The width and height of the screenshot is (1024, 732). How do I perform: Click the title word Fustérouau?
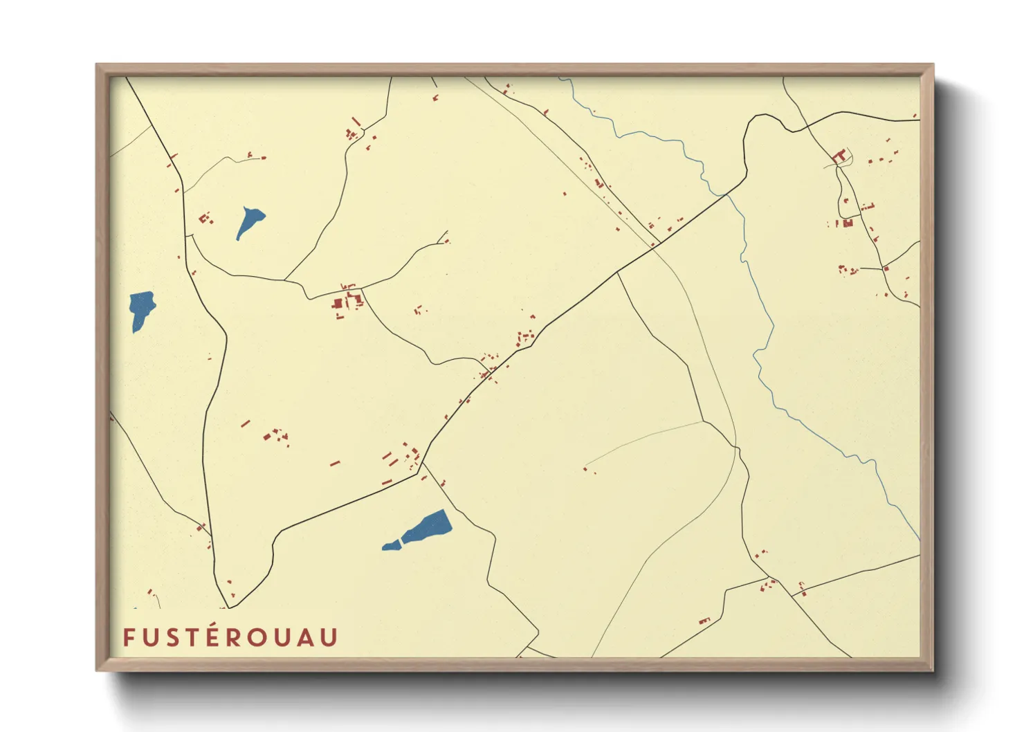pyautogui.click(x=230, y=637)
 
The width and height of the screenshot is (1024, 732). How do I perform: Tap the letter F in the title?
pyautogui.click(x=128, y=637)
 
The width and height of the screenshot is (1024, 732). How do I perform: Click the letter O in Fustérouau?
pyautogui.click(x=259, y=637)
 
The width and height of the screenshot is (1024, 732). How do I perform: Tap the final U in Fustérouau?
pyautogui.click(x=330, y=637)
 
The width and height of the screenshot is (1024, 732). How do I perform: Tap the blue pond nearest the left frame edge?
pyautogui.click(x=142, y=309)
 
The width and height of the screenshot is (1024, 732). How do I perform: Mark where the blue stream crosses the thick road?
pyautogui.click(x=726, y=194)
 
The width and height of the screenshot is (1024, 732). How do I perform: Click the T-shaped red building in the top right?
pyautogui.click(x=841, y=156)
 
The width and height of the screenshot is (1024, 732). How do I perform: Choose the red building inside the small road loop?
pyautogui.click(x=847, y=223)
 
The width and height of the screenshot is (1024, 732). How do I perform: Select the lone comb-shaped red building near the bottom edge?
pyautogui.click(x=704, y=621)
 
